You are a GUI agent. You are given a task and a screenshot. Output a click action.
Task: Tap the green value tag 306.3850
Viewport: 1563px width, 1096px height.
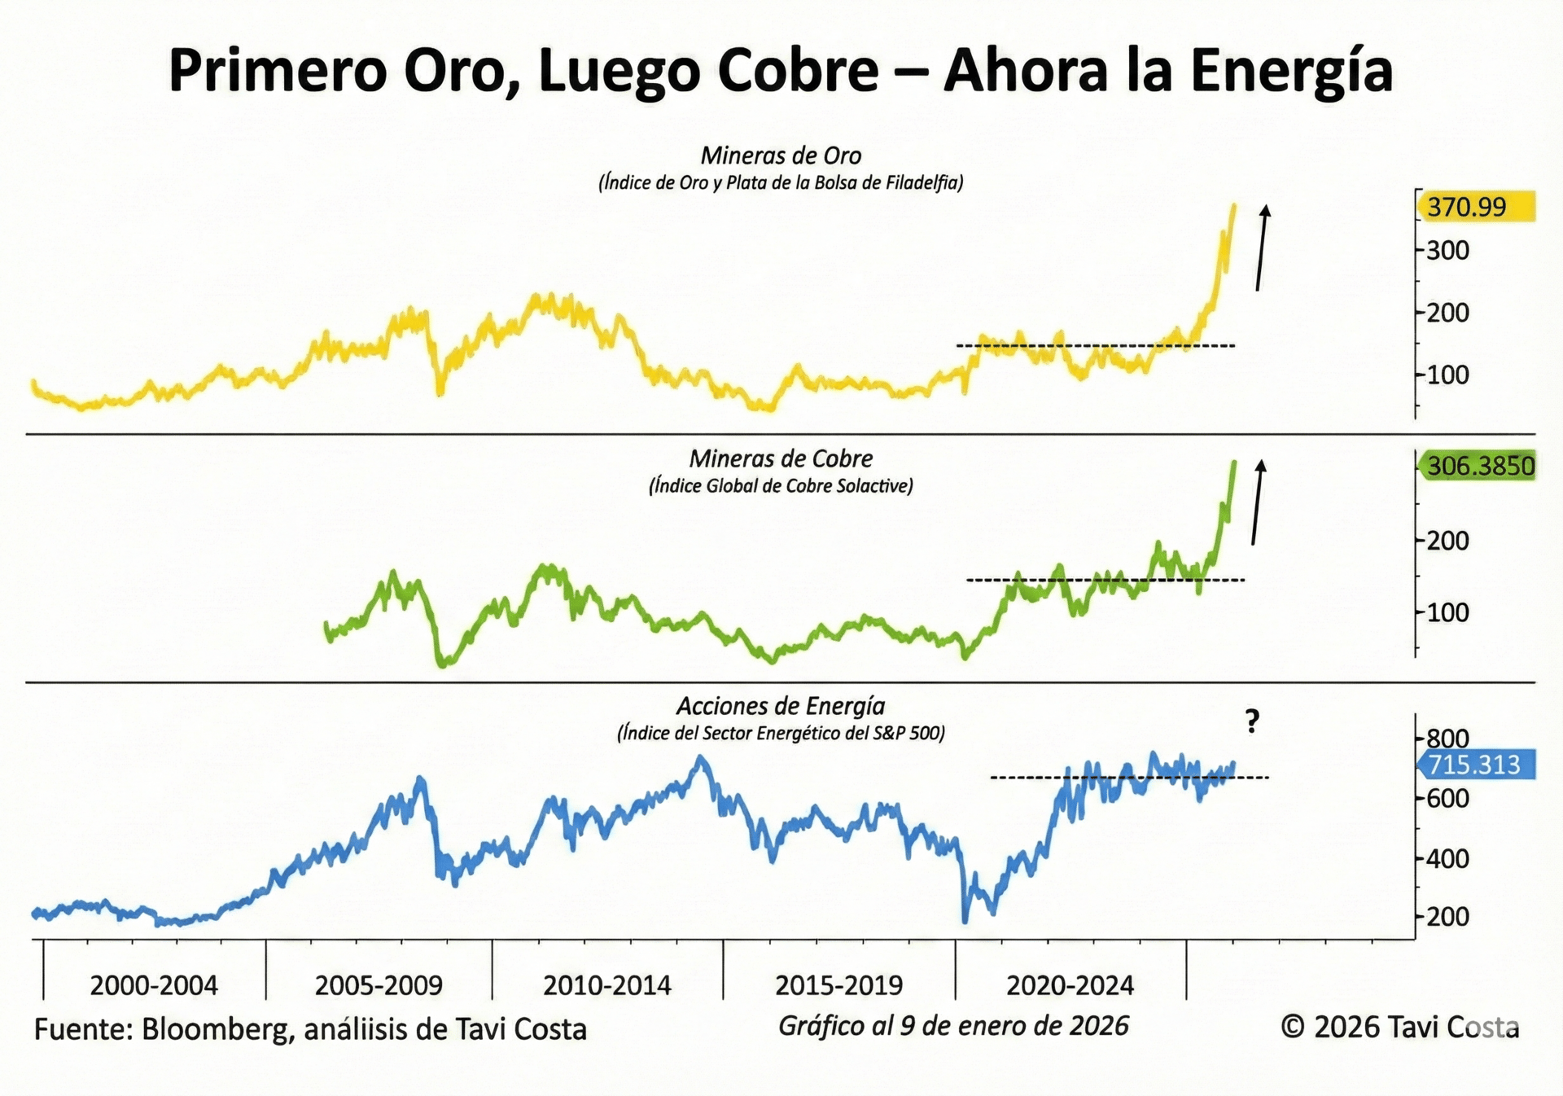pos(1478,467)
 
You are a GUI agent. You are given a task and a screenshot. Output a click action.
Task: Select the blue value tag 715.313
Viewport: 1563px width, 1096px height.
pos(1475,765)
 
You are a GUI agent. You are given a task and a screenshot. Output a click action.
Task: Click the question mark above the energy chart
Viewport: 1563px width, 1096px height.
pos(1252,721)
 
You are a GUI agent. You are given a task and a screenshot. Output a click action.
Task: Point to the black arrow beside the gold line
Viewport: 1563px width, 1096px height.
pos(1261,248)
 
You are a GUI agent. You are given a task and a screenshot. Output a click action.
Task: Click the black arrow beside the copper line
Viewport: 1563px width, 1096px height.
pos(1257,502)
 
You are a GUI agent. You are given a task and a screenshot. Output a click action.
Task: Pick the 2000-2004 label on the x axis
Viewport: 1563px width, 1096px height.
pos(154,986)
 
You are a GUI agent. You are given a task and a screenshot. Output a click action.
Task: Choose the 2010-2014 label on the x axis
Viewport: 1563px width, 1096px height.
pos(607,986)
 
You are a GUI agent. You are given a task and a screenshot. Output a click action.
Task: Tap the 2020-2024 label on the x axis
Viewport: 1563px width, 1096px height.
pos(1070,986)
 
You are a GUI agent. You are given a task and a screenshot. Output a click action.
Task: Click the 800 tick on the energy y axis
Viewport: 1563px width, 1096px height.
pos(1447,739)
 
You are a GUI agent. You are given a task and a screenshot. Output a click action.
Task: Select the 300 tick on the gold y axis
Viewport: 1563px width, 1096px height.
pos(1447,250)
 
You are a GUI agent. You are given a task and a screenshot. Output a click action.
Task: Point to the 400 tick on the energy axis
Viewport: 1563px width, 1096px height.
pos(1447,858)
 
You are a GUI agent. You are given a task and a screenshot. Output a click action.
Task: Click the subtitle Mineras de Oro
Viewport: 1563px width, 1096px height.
pos(781,156)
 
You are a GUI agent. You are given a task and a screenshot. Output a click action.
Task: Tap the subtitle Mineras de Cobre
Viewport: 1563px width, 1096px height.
pos(781,458)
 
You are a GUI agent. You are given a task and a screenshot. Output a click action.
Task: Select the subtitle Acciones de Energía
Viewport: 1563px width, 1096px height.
pos(781,706)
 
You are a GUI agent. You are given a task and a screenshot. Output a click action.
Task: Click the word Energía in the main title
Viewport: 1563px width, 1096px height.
pos(1292,70)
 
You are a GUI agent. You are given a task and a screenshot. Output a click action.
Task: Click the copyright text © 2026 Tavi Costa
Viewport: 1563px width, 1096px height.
pos(1399,1028)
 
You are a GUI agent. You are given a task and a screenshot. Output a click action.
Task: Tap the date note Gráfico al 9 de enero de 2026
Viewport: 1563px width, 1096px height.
pos(953,1026)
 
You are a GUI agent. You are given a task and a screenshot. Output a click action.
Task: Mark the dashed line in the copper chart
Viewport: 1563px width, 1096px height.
pos(1105,580)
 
